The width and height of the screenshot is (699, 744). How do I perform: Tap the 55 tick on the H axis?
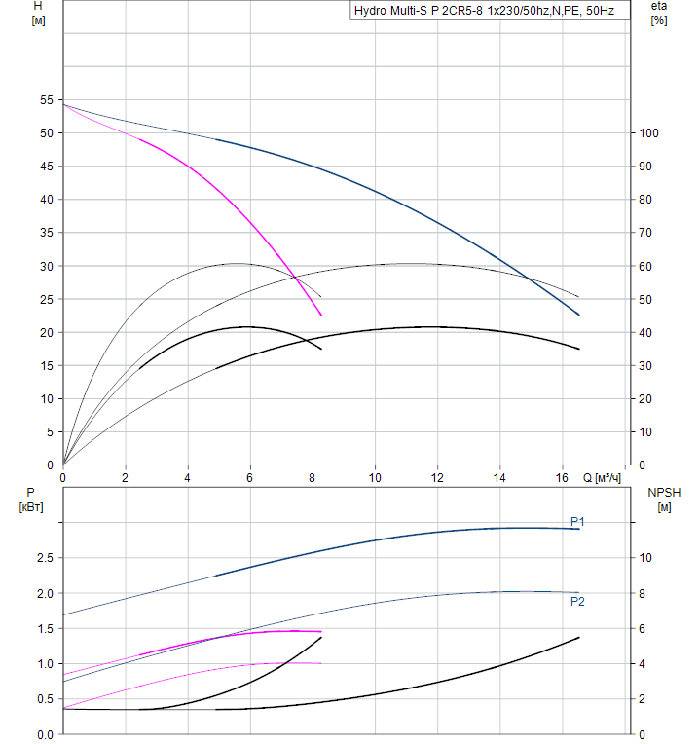[x=46, y=100]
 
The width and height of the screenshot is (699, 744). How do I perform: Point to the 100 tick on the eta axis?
[x=648, y=133]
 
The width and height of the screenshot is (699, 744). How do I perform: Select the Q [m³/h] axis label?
[x=603, y=478]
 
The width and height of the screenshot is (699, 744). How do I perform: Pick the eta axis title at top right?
[x=659, y=7]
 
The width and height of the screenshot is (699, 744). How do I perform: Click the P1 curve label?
[x=577, y=522]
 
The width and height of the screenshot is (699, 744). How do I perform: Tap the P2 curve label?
[x=577, y=602]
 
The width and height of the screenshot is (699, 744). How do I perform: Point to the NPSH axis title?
[x=664, y=493]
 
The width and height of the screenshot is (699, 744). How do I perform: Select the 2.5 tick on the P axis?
[x=44, y=558]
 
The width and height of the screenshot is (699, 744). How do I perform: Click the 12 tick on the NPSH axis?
[x=644, y=523]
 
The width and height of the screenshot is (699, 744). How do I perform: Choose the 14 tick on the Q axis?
[x=499, y=478]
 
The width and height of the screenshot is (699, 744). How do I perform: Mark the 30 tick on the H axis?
[x=46, y=266]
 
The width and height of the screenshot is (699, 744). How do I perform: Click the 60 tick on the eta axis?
[x=644, y=266]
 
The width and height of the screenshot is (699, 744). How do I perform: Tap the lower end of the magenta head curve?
[x=320, y=315]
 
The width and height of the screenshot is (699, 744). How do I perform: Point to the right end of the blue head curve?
[x=579, y=315]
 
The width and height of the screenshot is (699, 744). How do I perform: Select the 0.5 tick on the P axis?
[x=44, y=699]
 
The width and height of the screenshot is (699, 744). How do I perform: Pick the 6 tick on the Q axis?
[x=250, y=478]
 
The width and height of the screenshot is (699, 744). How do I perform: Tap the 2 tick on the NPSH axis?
[x=642, y=699]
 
